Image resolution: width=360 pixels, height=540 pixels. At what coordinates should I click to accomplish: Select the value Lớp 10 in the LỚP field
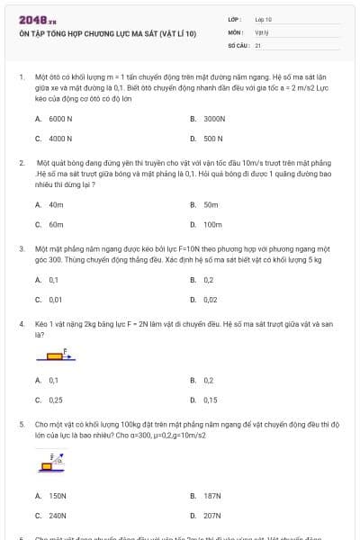pyautogui.click(x=264, y=19)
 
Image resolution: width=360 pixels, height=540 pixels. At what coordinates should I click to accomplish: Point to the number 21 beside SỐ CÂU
pyautogui.click(x=258, y=44)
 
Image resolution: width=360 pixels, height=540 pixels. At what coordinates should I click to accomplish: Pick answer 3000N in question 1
pyautogui.click(x=213, y=118)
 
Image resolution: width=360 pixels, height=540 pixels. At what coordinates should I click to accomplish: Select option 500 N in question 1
pyautogui.click(x=212, y=139)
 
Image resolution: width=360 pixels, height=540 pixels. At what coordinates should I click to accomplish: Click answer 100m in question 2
pyautogui.click(x=212, y=224)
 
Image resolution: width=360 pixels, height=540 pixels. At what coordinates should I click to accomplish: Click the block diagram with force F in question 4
pyautogui.click(x=58, y=357)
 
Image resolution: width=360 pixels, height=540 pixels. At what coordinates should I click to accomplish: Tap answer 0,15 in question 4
pyautogui.click(x=211, y=400)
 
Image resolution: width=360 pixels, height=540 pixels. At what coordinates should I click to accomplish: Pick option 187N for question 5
pyautogui.click(x=212, y=496)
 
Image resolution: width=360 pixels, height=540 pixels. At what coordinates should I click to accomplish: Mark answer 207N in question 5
pyautogui.click(x=212, y=516)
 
